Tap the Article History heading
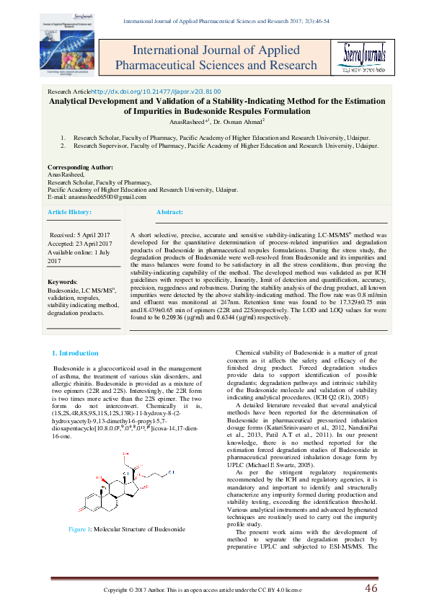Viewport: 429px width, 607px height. [70, 213]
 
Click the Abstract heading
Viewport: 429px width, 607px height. [170, 213]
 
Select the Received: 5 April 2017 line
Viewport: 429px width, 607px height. [79, 236]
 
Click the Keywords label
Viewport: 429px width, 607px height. [62, 281]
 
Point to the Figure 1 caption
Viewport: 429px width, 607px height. [126, 529]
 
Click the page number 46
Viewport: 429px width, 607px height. [370, 588]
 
